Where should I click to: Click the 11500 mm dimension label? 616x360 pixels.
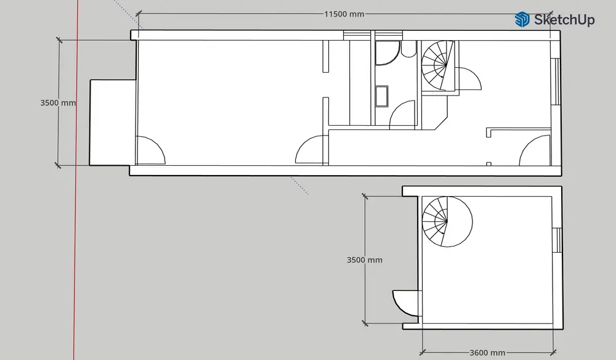coord(344,14)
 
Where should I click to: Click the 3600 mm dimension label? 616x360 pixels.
coord(487,353)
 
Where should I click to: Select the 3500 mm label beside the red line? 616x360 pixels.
coord(58,102)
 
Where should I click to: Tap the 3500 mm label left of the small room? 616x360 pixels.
coord(365,260)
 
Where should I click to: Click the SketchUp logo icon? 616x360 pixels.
coord(522,19)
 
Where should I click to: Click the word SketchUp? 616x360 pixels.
coord(564,20)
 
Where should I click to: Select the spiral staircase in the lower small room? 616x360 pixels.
coord(447,222)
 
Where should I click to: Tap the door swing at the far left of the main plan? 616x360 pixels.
coord(150,150)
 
